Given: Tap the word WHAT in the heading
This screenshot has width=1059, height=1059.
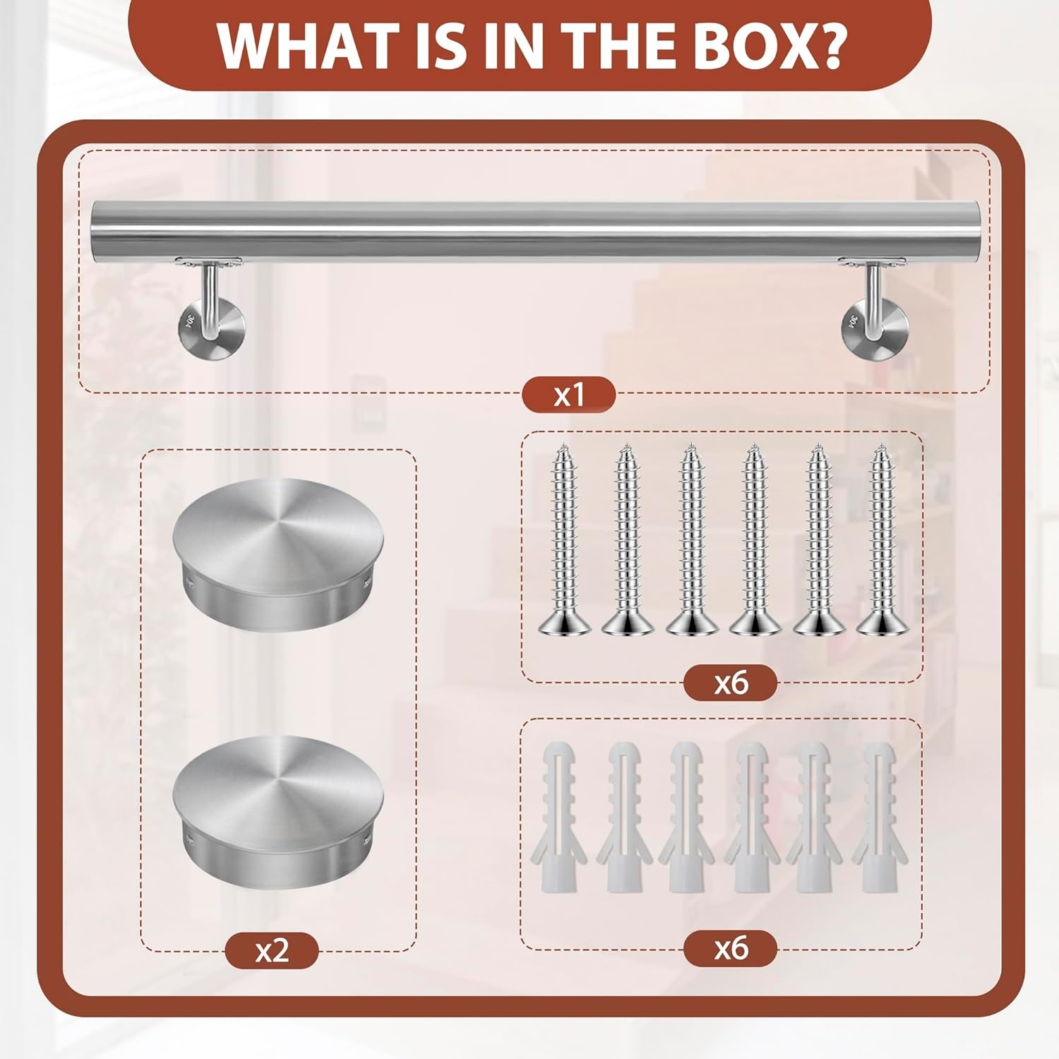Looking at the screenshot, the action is coord(306,45).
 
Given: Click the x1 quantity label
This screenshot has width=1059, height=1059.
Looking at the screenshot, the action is coord(568,395).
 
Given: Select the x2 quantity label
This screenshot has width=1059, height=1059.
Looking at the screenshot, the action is coord(272,950).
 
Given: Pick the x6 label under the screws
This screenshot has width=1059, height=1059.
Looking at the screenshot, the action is coord(730,683).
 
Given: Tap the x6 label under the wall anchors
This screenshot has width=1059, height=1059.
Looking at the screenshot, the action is coord(730,947).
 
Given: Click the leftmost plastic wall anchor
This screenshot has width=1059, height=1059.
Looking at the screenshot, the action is coord(558,816).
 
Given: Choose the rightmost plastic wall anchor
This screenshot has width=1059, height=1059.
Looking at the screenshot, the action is coord(879,816).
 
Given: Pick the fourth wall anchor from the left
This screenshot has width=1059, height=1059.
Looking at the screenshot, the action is coord(750,816).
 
